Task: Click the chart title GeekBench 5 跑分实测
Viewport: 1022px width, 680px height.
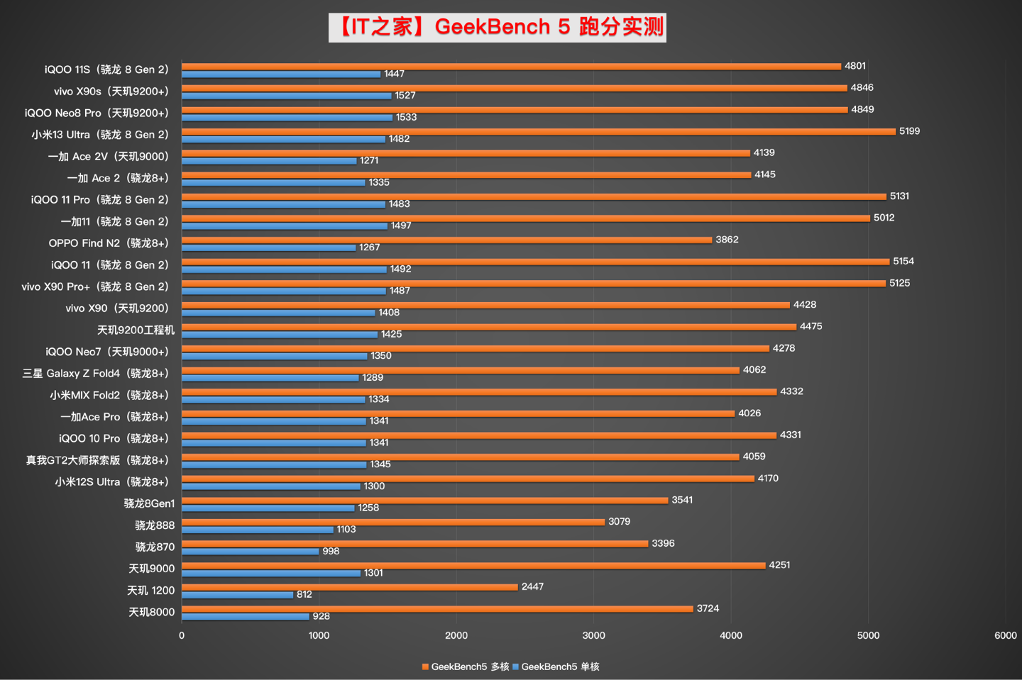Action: (498, 27)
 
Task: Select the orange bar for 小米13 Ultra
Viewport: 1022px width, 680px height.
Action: (538, 131)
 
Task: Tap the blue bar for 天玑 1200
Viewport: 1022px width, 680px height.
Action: (237, 595)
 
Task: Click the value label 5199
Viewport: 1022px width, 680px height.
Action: (909, 131)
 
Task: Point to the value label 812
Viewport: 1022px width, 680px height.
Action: (304, 594)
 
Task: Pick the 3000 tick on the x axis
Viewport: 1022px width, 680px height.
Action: (594, 635)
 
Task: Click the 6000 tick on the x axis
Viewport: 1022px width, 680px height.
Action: (1005, 635)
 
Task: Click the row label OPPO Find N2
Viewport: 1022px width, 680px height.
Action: (109, 243)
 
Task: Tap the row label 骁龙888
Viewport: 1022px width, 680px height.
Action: (155, 525)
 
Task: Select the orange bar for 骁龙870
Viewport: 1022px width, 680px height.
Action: (414, 544)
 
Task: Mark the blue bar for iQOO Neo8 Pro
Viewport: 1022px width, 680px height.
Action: (287, 118)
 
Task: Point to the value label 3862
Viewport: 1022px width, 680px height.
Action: (727, 240)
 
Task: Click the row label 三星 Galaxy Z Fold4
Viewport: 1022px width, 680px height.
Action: (96, 374)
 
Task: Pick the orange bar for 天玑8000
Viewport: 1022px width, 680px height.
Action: (437, 608)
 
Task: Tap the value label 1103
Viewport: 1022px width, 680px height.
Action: (346, 529)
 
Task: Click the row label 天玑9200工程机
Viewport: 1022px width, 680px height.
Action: (136, 330)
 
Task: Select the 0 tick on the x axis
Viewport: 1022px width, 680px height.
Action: (182, 635)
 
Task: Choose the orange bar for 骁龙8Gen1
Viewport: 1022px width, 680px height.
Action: (424, 500)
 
